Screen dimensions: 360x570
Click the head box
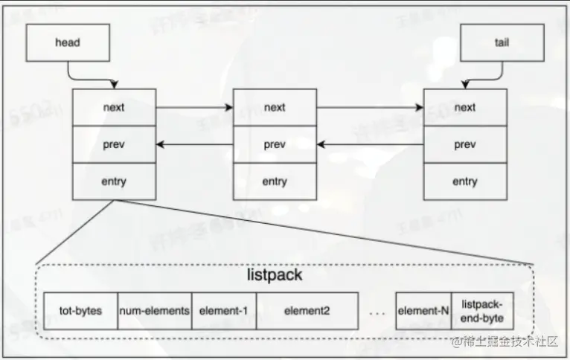(x=67, y=43)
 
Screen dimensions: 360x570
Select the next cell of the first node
(x=115, y=107)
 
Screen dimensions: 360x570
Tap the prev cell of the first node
(x=115, y=144)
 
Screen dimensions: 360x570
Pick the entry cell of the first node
(x=115, y=181)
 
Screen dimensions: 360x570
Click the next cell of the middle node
(x=275, y=107)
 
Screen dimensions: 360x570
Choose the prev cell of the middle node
(x=275, y=144)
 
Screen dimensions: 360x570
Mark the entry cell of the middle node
(x=275, y=181)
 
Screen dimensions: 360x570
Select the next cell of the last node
(x=465, y=107)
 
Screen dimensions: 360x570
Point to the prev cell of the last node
(x=465, y=144)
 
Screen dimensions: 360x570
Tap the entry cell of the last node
(x=465, y=181)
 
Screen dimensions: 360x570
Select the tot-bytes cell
(x=81, y=311)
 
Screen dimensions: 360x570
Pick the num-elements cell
(x=155, y=311)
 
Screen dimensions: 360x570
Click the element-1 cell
(x=223, y=311)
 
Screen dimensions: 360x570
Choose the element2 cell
(x=307, y=311)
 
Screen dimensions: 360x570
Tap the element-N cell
(x=423, y=311)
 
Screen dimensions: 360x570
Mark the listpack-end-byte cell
(x=482, y=311)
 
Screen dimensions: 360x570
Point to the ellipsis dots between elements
(x=377, y=314)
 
